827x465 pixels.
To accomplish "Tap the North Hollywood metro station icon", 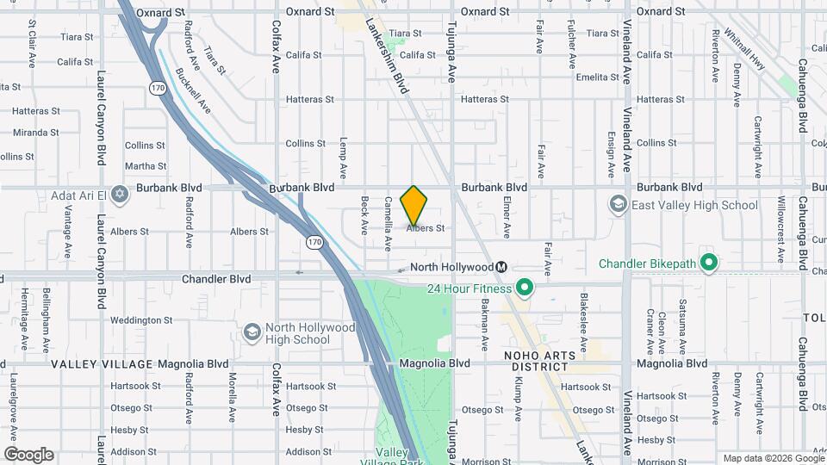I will click(x=501, y=268).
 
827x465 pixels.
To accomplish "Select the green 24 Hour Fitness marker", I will click(x=523, y=288).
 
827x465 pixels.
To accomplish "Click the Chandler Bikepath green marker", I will click(x=709, y=262).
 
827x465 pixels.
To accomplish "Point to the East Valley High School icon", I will click(x=618, y=205).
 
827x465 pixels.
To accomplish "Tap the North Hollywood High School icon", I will click(x=252, y=332).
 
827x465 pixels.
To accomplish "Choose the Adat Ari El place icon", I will click(x=120, y=195).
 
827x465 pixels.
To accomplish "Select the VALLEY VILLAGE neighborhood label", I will click(x=102, y=364).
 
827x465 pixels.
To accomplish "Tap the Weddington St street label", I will click(x=135, y=320).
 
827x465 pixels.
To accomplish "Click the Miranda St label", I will click(x=35, y=133).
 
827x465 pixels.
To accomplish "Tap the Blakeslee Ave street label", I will click(x=583, y=316).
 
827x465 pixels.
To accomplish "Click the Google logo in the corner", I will click(x=28, y=455).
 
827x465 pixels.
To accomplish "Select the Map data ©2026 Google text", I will click(x=773, y=458).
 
